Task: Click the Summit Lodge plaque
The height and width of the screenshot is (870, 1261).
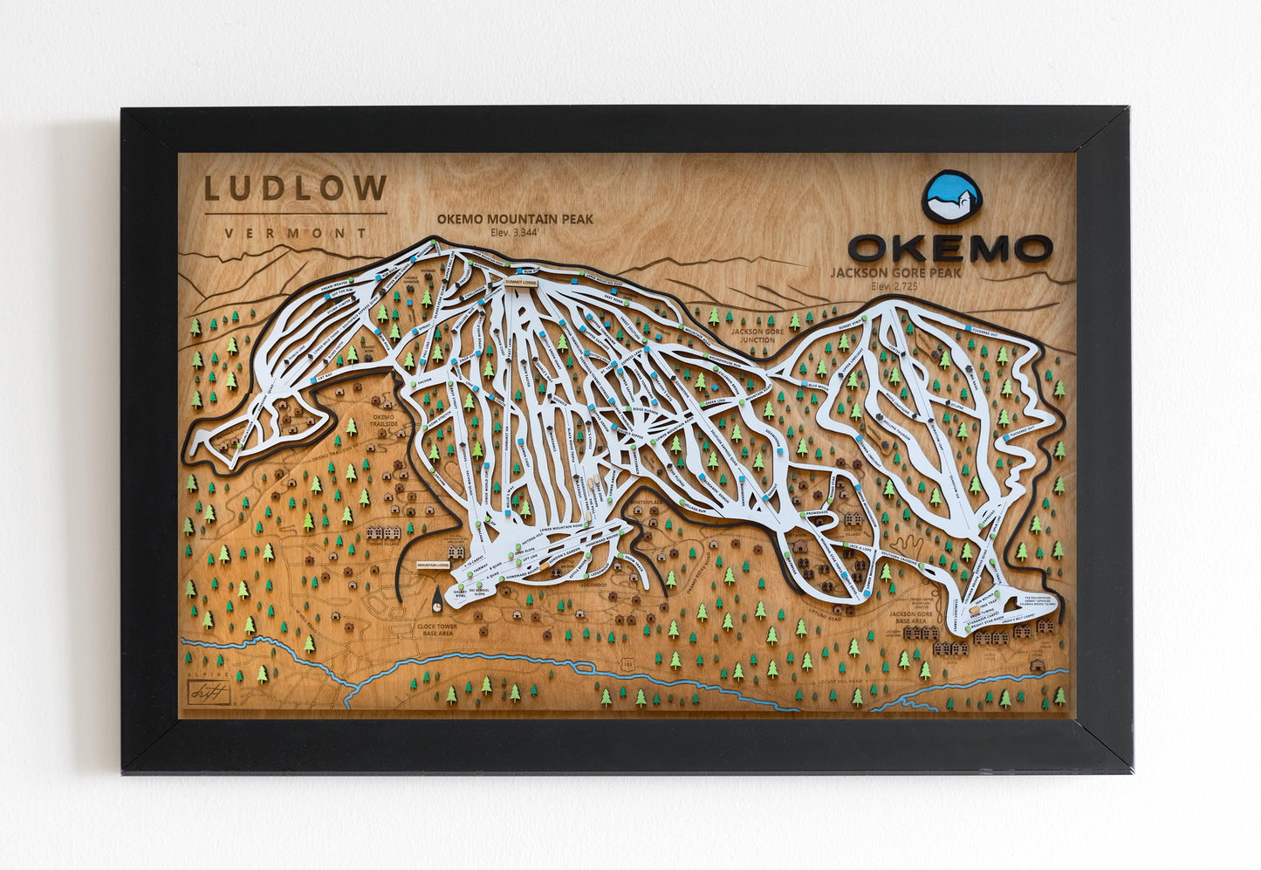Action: tap(522, 284)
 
